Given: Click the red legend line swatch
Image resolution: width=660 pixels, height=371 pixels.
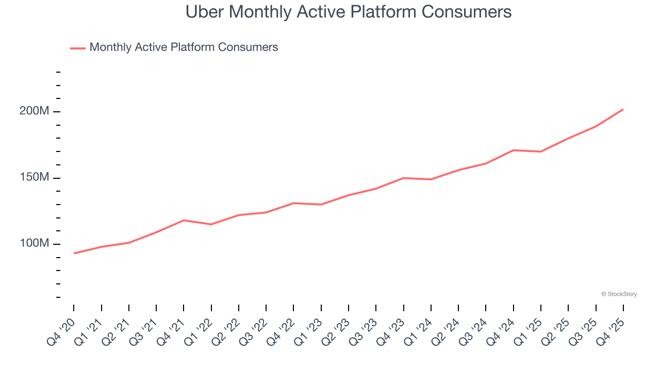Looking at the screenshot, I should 78,48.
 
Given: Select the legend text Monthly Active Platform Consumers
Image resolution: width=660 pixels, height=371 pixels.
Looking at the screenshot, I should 184,47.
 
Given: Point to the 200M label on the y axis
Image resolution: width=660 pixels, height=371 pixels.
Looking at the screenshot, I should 34,111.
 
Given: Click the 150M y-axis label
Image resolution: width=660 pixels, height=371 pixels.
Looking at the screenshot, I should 34,177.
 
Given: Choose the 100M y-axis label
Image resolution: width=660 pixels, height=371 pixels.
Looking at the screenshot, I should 34,243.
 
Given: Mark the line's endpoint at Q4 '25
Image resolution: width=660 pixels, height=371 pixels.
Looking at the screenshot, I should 623,109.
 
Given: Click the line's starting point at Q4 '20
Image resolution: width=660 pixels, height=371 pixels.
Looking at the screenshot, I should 74,253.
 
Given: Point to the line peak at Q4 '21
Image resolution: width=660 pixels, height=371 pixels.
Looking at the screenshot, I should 184,220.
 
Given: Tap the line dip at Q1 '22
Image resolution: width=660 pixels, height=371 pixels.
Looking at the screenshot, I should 211,224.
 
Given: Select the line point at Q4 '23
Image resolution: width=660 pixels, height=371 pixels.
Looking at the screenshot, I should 404,178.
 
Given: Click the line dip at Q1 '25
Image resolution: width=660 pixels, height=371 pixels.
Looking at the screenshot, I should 541,151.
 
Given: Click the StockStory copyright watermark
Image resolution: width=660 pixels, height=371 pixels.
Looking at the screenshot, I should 619,294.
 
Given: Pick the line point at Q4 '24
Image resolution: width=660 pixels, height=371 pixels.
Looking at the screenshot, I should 514,150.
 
